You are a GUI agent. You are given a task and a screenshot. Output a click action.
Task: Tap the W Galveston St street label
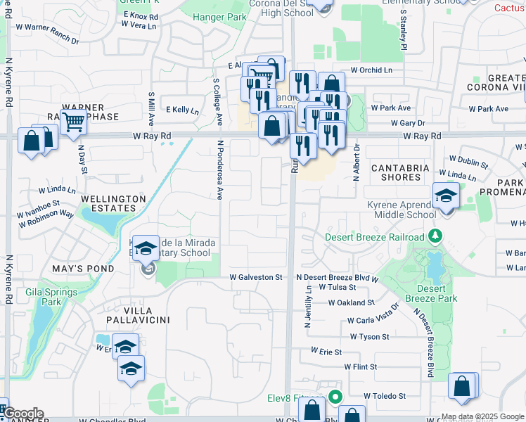pos(256,277)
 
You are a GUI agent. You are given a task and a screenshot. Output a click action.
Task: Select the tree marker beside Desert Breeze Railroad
pos(436,235)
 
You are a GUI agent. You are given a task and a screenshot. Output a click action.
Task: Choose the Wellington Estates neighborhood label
pos(113,203)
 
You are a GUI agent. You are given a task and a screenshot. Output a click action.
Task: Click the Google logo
pos(24,414)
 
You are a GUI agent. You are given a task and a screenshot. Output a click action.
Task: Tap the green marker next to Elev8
pos(335,396)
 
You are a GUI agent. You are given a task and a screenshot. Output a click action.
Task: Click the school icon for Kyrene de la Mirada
pos(146,248)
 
